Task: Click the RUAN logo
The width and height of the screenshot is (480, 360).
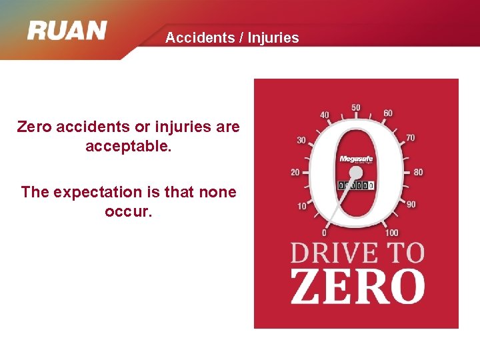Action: click(67, 31)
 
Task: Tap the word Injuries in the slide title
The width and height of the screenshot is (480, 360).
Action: click(273, 38)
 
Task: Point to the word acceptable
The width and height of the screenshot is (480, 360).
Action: click(129, 145)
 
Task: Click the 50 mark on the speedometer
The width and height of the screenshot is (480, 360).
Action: click(356, 108)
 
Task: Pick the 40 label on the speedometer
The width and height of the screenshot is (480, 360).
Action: click(325, 115)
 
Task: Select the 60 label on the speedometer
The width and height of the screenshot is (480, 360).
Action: click(388, 113)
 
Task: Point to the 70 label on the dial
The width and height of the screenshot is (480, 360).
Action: click(411, 137)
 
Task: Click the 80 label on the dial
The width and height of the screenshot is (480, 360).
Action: click(418, 172)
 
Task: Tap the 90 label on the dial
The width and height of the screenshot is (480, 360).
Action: click(411, 204)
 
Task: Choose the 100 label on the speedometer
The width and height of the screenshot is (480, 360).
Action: click(392, 233)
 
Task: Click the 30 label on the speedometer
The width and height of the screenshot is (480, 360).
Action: click(301, 140)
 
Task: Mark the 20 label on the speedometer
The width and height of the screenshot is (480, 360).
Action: click(295, 172)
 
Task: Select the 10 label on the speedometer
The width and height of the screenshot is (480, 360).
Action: click(302, 206)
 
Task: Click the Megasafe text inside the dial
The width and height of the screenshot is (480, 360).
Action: click(355, 159)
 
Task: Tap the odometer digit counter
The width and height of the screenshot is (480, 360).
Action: click(357, 185)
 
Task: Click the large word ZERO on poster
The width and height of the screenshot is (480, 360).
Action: click(357, 286)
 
